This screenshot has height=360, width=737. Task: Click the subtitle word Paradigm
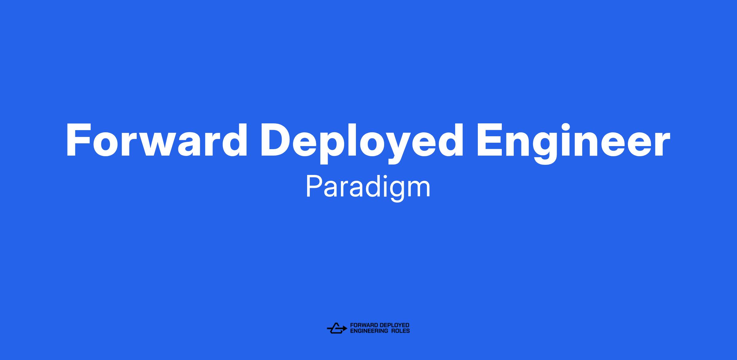[368, 188]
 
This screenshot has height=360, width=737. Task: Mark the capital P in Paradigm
[314, 187]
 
